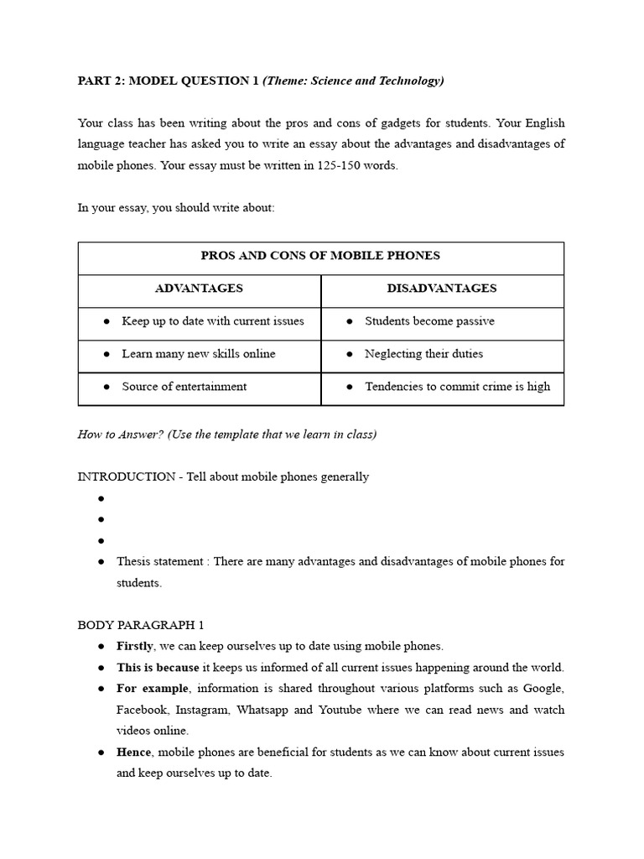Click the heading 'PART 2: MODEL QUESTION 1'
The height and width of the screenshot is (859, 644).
pyautogui.click(x=168, y=81)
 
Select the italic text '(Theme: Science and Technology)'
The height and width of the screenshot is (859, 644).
pyautogui.click(x=353, y=81)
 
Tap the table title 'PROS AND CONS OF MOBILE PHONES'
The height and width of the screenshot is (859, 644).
pyautogui.click(x=320, y=256)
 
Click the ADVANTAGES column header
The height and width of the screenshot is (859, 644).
pyautogui.click(x=199, y=289)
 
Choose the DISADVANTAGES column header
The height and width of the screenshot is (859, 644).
pyautogui.click(x=441, y=289)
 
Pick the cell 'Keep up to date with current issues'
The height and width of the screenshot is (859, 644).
pyautogui.click(x=212, y=321)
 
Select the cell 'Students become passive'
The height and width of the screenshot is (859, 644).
pyautogui.click(x=429, y=321)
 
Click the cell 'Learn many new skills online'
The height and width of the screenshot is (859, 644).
pyautogui.click(x=198, y=354)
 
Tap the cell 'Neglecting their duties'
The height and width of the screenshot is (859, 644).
pyautogui.click(x=423, y=354)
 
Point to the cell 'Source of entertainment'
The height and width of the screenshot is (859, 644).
pyautogui.click(x=184, y=387)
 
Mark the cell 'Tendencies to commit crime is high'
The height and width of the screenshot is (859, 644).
pyautogui.click(x=457, y=387)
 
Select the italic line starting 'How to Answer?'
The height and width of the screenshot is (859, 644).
pyautogui.click(x=227, y=434)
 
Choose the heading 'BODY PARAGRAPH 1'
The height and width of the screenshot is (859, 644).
pyautogui.click(x=141, y=625)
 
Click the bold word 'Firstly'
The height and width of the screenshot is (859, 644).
pyautogui.click(x=135, y=646)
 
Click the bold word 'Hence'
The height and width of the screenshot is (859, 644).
pyautogui.click(x=133, y=752)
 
